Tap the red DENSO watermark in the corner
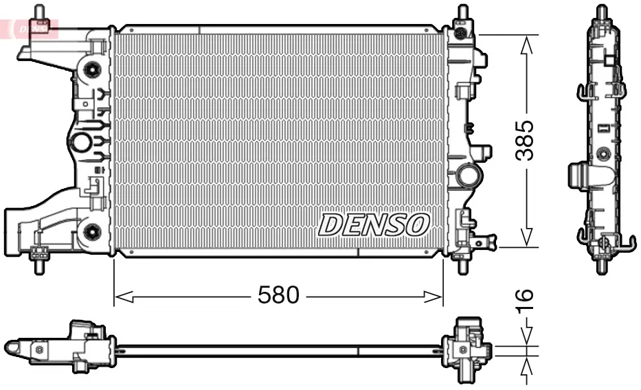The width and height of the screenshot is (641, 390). [x=30, y=28]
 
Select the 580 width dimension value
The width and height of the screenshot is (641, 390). [x=278, y=296]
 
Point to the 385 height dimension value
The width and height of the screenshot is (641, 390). [x=525, y=141]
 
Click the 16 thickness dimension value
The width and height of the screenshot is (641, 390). [x=525, y=299]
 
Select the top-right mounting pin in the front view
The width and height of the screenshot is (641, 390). [x=461, y=14]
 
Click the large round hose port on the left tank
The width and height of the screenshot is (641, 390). [x=81, y=144]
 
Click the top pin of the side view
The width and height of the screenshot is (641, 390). [x=602, y=12]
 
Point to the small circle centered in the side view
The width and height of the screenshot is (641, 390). [x=603, y=152]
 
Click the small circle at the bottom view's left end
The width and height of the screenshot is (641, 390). [x=39, y=350]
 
